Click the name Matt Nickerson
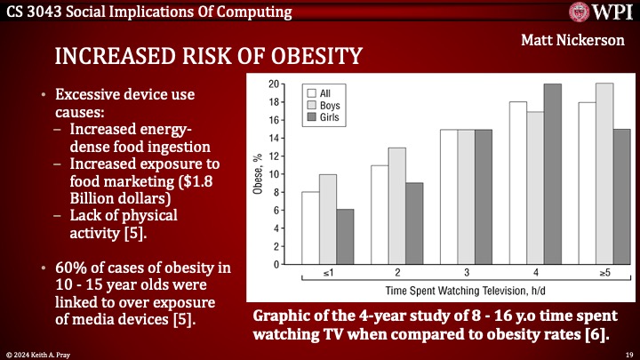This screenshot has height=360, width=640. tap(579, 42)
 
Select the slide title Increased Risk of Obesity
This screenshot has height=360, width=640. tap(208, 57)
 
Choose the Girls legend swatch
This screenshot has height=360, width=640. tap(312, 116)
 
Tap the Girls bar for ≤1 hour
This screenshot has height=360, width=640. tap(344, 236)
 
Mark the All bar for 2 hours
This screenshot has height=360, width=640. tap(380, 214)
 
